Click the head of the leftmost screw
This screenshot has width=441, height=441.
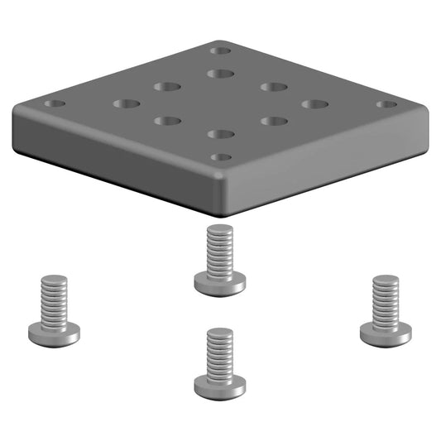tap(54, 333)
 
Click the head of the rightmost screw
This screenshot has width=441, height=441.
tap(386, 333)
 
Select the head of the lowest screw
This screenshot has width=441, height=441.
tap(219, 386)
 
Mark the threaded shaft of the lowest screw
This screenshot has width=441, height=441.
tap(219, 352)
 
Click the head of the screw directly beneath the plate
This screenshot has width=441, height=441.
tap(219, 283)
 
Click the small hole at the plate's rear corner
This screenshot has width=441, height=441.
tap(220, 50)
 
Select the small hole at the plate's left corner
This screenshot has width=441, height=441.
tap(55, 105)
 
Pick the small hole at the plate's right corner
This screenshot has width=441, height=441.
tap(386, 104)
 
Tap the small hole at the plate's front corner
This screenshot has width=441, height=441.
tap(220, 156)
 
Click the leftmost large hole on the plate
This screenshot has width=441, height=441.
tap(127, 104)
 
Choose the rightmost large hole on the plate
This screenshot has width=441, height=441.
tap(314, 104)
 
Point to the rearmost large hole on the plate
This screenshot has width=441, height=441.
tap(220, 74)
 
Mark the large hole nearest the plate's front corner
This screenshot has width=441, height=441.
tap(220, 133)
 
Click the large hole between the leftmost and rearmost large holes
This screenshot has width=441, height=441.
tap(167, 86)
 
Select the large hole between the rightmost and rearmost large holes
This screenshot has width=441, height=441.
tap(273, 86)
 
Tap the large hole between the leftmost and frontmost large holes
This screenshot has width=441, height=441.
tap(168, 121)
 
